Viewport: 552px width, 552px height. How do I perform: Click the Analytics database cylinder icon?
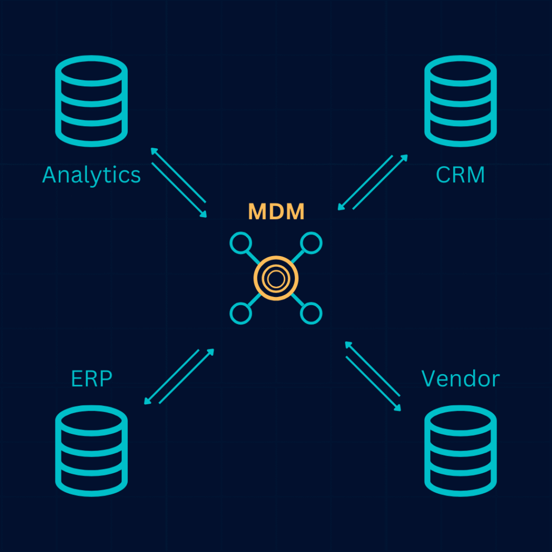pos(91,101)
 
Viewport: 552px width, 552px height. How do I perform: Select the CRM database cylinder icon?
pos(460,101)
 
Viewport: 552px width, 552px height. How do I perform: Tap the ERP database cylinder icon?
pos(91,450)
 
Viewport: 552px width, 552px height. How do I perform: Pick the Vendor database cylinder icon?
pos(460,450)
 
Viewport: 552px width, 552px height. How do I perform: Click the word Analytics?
pos(91,175)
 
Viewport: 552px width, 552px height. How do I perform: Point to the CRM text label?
pos(460,175)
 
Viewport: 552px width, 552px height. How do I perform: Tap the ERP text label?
pos(92,378)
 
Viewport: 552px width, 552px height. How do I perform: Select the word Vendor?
pos(460,378)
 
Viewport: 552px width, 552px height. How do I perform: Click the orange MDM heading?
pos(276,212)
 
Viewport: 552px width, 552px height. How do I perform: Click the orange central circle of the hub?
pos(276,278)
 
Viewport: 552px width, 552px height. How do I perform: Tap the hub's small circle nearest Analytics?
pos(240,243)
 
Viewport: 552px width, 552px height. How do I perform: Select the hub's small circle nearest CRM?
pos(311,243)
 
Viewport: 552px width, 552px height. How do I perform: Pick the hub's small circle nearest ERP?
pos(240,313)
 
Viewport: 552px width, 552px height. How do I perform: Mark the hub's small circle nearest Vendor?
pos(311,313)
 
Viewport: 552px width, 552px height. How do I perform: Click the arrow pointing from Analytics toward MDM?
pos(180,190)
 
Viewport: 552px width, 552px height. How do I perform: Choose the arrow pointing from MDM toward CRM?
pos(380,182)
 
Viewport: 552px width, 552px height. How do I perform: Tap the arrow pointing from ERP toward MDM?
pos(187,376)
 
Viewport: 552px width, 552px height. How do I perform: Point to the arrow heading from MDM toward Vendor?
pos(374,384)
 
